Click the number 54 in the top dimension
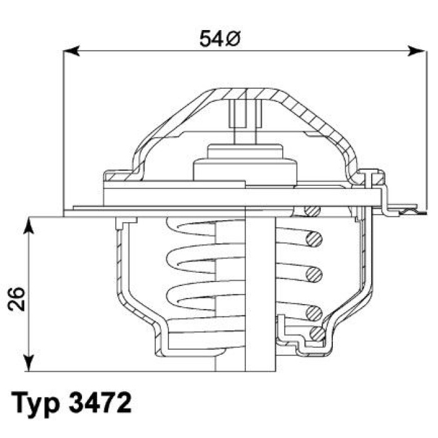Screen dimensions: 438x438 click(211, 39)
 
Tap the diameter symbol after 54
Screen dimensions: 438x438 click(232, 39)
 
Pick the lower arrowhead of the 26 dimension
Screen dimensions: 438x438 click(28, 362)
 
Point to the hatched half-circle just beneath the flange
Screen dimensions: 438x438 click(311, 211)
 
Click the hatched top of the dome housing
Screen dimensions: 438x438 click(244, 93)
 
